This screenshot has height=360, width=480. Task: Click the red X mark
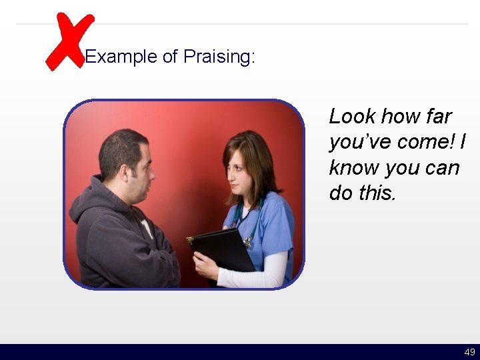(x=68, y=41)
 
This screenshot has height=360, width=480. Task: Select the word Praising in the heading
(x=218, y=57)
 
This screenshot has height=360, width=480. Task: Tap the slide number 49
(x=469, y=352)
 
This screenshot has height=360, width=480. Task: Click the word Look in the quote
(x=352, y=117)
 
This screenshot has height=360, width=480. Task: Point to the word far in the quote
(x=437, y=117)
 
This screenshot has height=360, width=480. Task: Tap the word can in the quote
(x=443, y=167)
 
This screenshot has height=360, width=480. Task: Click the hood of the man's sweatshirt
(x=90, y=203)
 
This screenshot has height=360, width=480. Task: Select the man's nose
(x=152, y=174)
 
